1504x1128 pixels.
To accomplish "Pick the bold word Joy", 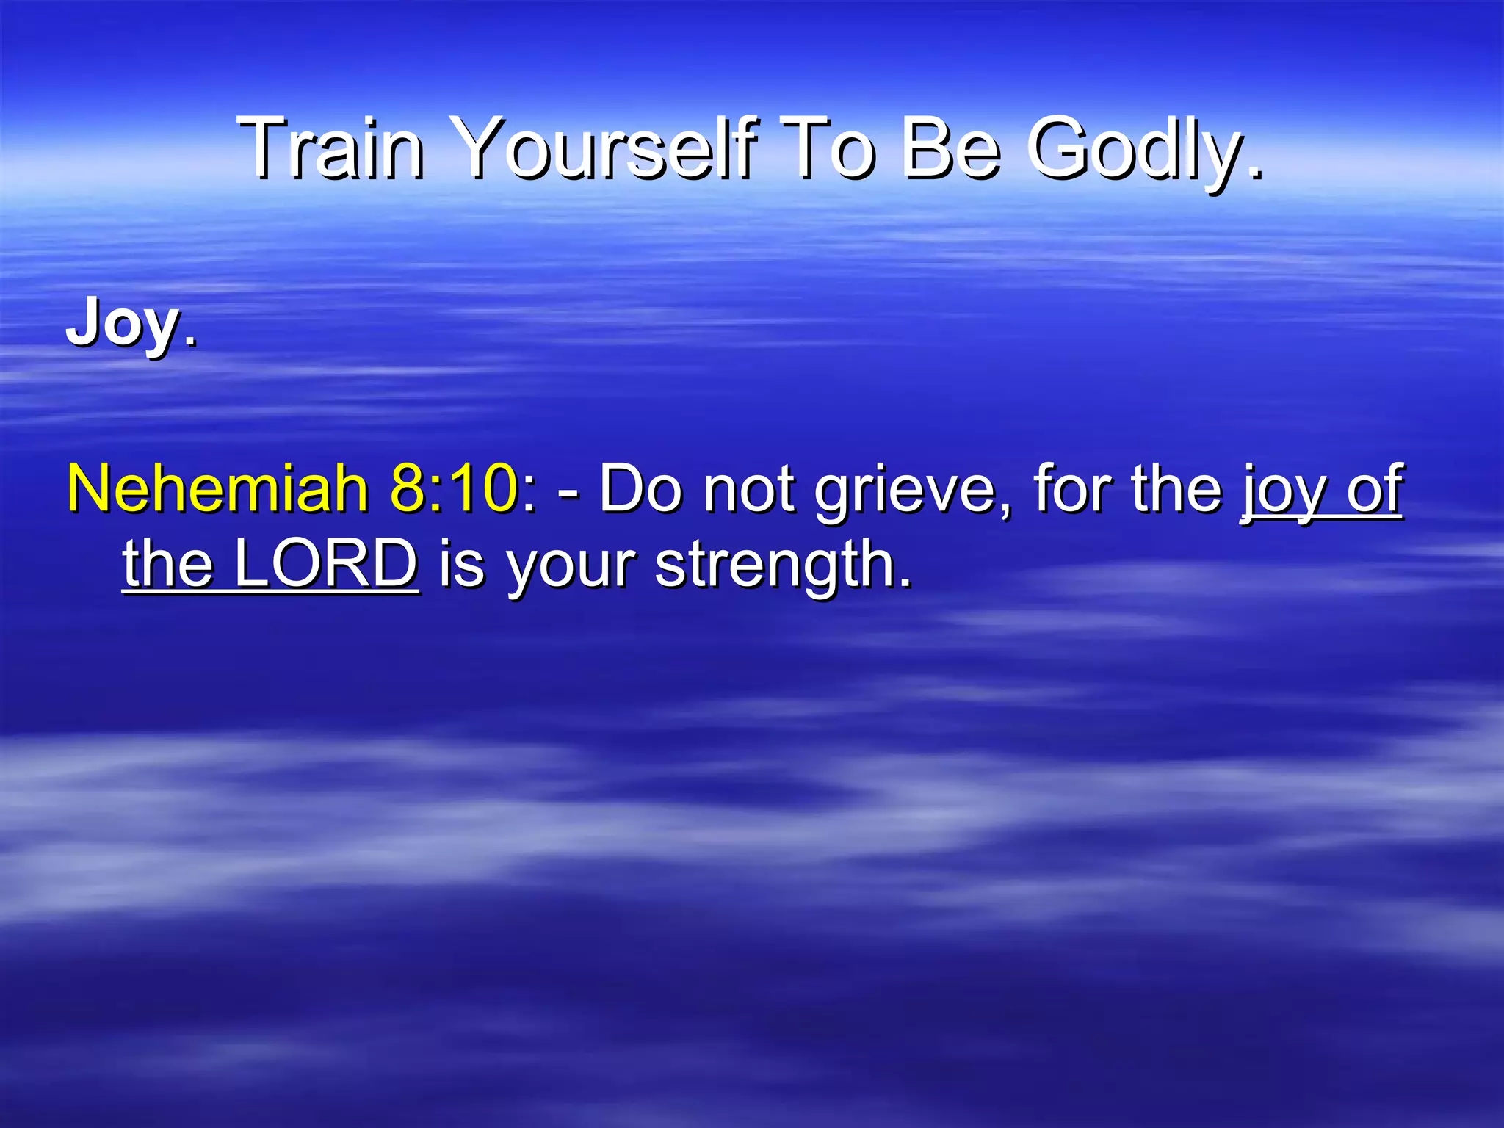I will tap(122, 323).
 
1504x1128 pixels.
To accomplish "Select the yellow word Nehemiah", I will tap(217, 488).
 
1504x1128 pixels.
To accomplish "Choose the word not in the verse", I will tap(749, 488).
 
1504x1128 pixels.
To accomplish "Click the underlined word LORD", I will tap(326, 564).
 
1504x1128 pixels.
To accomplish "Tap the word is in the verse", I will tap(462, 564).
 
